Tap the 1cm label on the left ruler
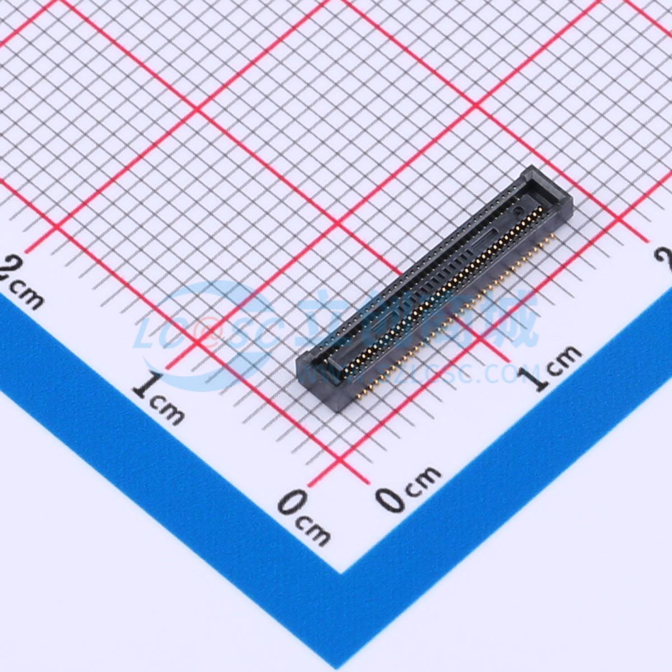pyautogui.click(x=160, y=398)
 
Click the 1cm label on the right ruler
pyautogui.click(x=552, y=370)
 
